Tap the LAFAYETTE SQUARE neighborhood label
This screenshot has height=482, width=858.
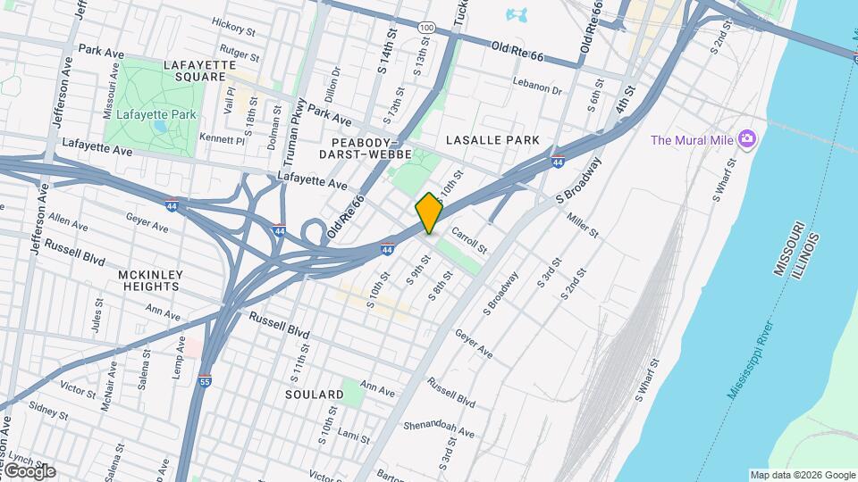click(199, 71)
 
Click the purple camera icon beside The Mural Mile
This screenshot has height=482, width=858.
click(747, 139)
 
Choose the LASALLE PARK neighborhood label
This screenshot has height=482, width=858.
click(492, 140)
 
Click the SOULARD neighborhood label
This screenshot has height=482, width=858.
click(314, 394)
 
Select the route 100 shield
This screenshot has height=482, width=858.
click(427, 29)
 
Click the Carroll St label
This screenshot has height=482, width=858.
click(468, 238)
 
